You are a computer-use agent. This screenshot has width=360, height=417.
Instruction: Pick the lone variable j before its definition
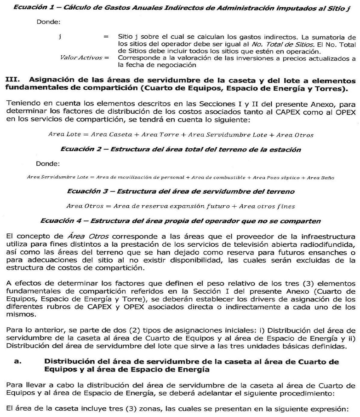tap(61, 36)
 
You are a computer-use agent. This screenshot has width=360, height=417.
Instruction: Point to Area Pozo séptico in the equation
tap(277, 177)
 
